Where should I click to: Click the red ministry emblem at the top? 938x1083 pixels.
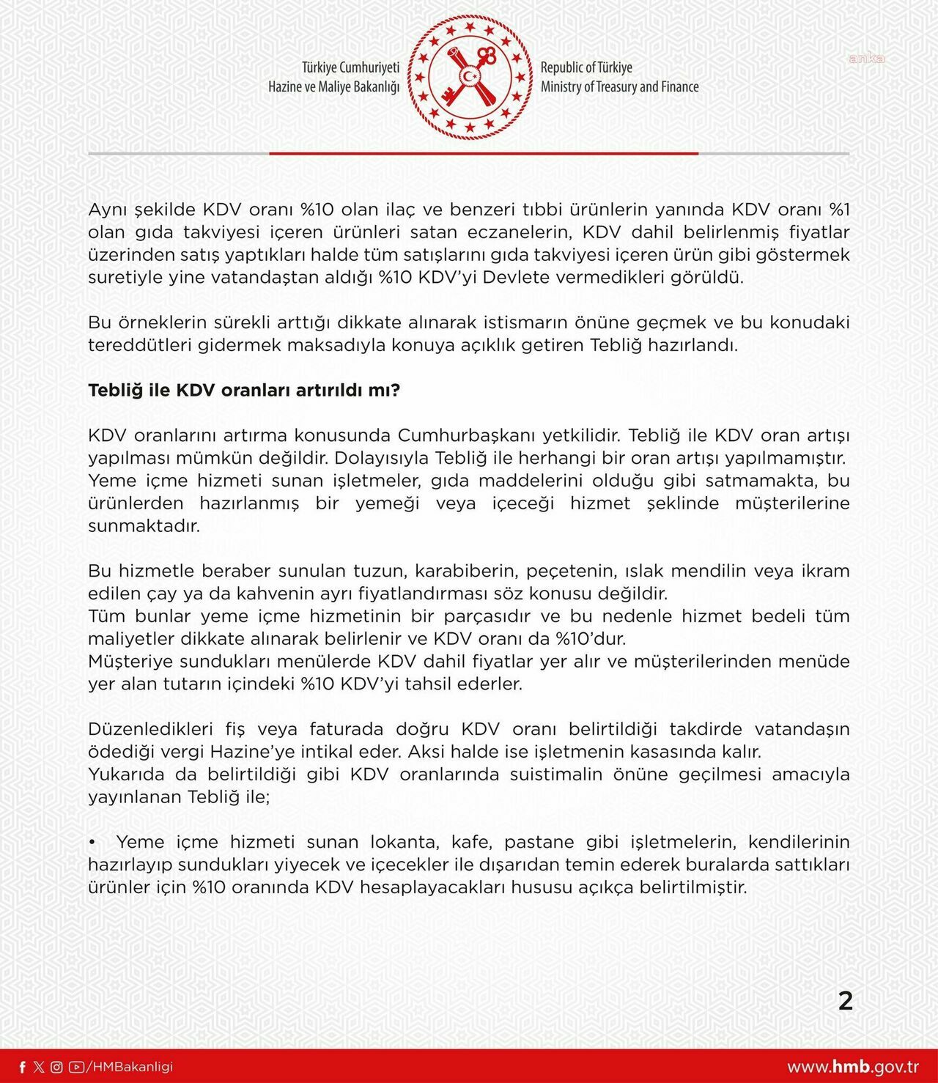470,78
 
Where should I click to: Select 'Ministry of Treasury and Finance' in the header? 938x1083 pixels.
619,86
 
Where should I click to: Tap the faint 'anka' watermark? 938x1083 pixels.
866,59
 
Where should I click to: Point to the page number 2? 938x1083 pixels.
845,1001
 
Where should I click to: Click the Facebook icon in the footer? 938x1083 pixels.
23,1067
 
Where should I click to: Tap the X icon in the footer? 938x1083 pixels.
39,1067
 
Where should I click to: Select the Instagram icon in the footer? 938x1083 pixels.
56,1067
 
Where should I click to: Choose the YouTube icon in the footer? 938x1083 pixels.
75,1067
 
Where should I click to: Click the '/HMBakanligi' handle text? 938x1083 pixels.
130,1067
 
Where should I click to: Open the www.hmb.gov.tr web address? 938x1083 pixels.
853,1067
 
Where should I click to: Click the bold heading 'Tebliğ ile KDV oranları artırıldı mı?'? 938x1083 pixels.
244,390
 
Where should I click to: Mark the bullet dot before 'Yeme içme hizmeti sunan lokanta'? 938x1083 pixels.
92,842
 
